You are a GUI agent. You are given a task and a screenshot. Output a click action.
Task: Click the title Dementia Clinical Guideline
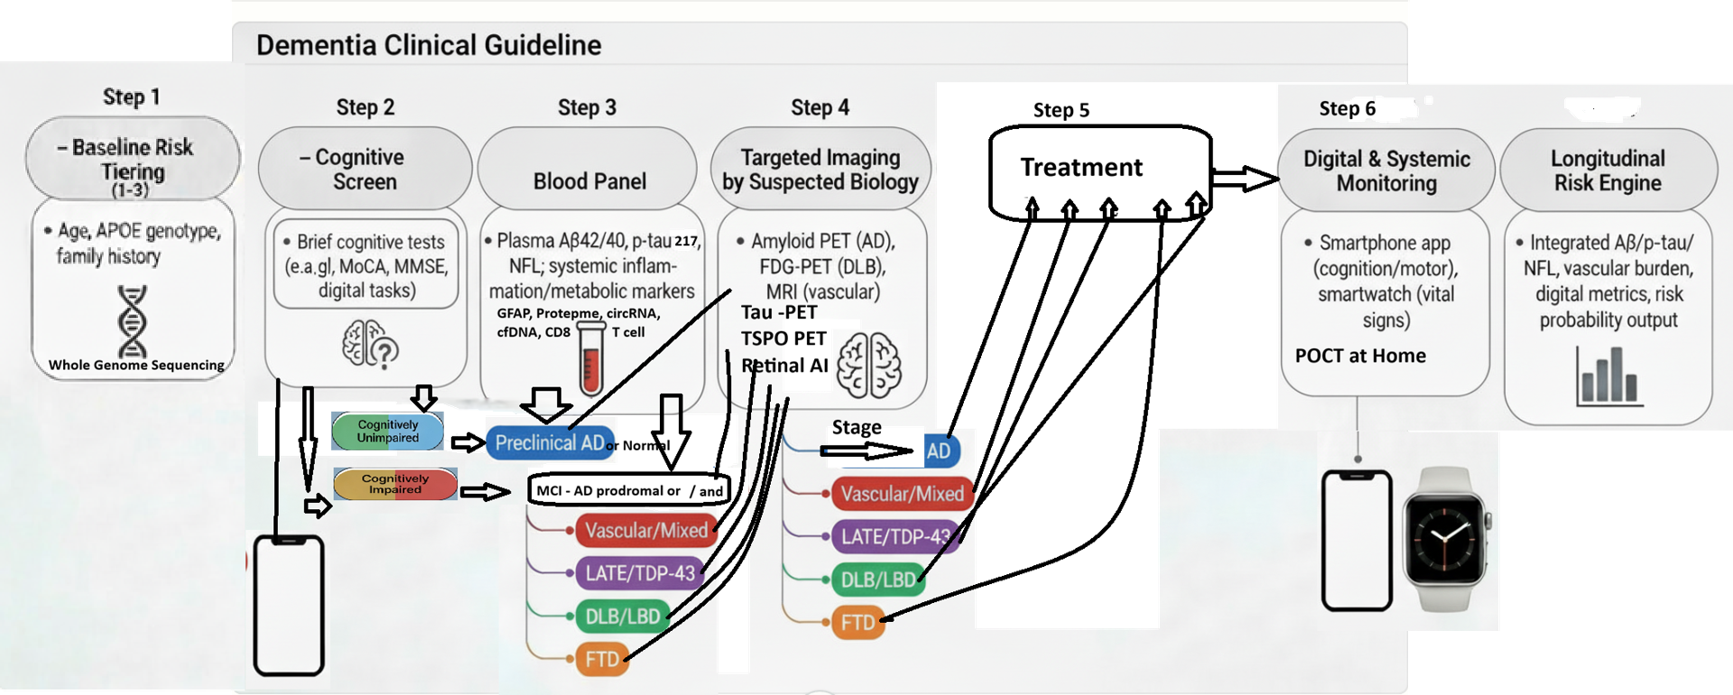tap(429, 45)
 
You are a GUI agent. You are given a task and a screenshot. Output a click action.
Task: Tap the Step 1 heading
tap(132, 97)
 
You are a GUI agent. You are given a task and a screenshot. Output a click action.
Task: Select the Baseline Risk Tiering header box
tap(133, 158)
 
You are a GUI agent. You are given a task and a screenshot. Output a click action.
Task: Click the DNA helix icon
tap(132, 320)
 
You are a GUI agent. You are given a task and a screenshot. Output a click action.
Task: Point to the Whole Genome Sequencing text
tap(136, 366)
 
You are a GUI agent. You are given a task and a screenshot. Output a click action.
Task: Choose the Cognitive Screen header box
tap(365, 169)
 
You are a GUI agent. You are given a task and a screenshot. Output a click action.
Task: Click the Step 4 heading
tap(820, 107)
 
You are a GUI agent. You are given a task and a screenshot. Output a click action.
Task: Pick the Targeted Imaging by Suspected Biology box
tap(820, 169)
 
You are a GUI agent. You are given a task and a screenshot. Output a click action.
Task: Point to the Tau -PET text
tap(779, 312)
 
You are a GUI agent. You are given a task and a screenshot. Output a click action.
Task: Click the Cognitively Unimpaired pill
tap(388, 431)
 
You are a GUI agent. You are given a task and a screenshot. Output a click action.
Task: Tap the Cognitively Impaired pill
tap(395, 485)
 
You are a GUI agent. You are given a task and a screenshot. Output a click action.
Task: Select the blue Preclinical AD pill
tap(551, 443)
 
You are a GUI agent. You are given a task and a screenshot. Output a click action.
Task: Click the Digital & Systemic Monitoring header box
tap(1386, 170)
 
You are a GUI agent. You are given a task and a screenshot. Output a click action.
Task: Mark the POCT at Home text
tap(1360, 356)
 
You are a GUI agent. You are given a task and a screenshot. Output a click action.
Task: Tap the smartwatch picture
tap(1444, 540)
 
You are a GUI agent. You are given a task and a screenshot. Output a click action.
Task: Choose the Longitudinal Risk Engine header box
tap(1608, 170)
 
